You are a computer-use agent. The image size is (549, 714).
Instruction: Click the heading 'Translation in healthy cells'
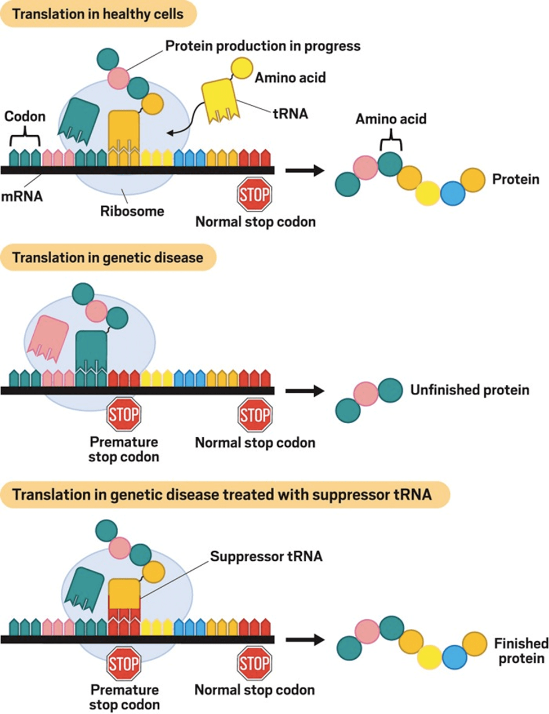98,14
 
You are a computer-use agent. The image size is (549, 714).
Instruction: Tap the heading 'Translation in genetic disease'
108,258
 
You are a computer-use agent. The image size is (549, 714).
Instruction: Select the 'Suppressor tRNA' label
266,557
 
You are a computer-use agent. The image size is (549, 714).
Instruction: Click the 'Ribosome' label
132,211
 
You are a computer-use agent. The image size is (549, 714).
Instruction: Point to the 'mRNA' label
21,197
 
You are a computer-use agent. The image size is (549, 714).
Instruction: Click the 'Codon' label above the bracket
25,117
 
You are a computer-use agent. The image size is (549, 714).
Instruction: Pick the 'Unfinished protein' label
470,390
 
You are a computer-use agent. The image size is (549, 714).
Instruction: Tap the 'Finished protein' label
521,651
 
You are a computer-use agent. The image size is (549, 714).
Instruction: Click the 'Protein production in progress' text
262,46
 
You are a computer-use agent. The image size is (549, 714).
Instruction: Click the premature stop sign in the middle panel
123,415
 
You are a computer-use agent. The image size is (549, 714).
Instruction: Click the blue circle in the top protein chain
452,193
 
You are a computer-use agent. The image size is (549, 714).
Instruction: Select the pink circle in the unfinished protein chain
366,394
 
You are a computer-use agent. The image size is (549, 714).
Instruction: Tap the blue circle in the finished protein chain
454,657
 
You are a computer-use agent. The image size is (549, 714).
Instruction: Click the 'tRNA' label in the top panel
291,114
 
